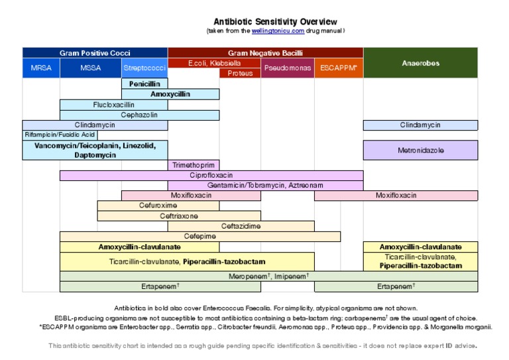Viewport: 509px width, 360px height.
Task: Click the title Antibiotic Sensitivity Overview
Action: [275, 22]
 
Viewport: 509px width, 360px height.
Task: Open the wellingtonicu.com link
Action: [278, 30]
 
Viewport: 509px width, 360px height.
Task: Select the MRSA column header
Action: [41, 68]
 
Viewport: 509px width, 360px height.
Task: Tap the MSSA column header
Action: [91, 68]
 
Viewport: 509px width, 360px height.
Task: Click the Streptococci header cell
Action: [144, 68]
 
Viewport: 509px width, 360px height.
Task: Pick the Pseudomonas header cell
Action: [287, 68]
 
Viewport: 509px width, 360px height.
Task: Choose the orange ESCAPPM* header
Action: [338, 68]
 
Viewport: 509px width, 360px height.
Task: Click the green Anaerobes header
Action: [420, 64]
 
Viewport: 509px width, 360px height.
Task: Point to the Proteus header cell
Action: [240, 73]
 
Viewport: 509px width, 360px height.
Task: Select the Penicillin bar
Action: [144, 84]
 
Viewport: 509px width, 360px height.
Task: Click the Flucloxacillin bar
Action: [113, 105]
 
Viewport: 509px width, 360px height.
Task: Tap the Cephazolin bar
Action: [139, 115]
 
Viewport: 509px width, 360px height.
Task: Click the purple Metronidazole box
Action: [420, 150]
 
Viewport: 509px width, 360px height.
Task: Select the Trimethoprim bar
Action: [194, 165]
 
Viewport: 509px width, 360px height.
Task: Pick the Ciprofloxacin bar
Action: [211, 176]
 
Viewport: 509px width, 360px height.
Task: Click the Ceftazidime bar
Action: [241, 226]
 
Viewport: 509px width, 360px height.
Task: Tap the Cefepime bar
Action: [199, 236]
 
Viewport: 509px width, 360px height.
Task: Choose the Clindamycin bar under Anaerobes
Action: [420, 125]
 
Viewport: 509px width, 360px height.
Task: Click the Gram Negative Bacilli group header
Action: [265, 52]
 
